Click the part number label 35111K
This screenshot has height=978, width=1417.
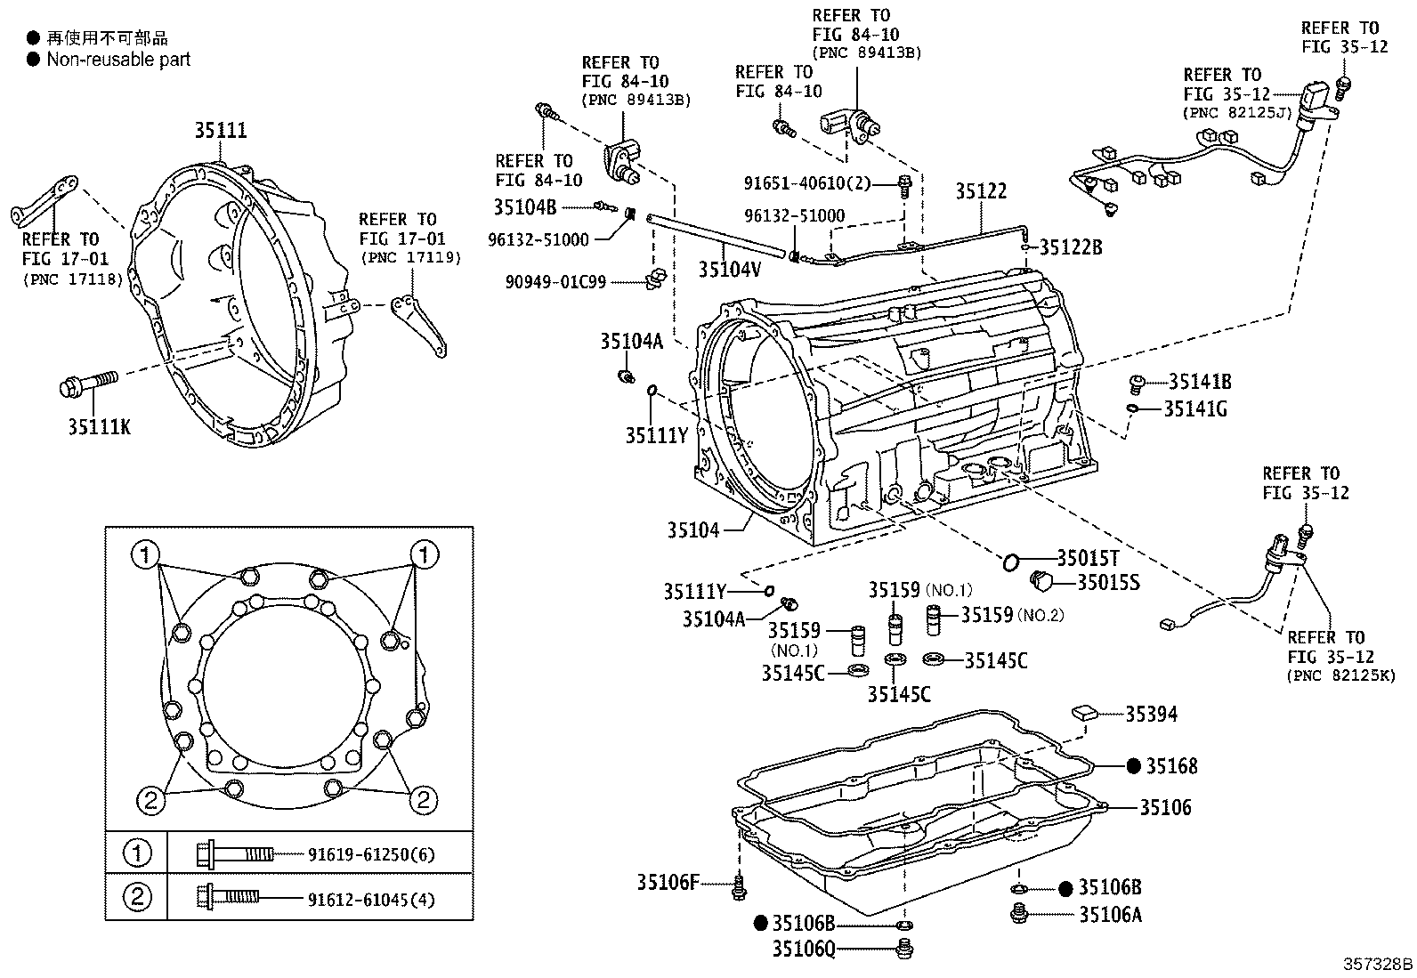99,427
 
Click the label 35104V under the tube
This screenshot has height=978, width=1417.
729,270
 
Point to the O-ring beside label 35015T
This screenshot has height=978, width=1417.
1010,562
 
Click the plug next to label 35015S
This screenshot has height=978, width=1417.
1041,582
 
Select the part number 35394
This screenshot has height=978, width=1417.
1151,714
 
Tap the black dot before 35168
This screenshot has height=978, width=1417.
1133,765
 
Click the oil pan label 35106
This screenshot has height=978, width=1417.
1165,807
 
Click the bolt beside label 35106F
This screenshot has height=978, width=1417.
739,887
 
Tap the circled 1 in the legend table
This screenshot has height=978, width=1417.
137,854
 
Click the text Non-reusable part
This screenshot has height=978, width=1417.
118,60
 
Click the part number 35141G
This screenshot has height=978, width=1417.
1196,408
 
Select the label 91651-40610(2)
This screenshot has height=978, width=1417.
806,183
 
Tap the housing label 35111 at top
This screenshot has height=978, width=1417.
221,131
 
